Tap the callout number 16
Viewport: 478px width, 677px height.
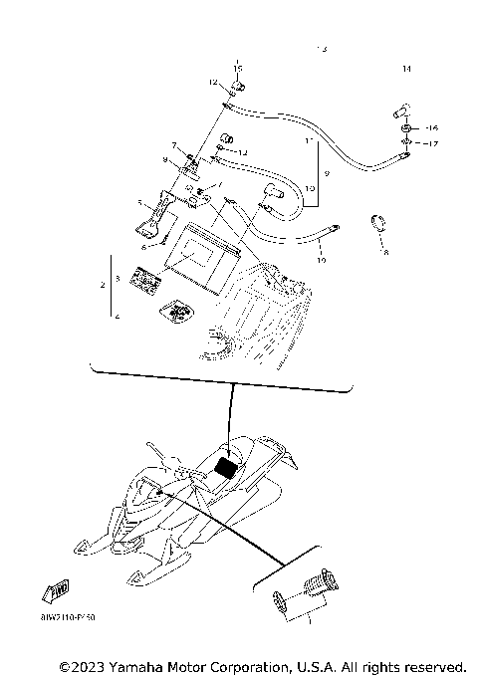pos(431,129)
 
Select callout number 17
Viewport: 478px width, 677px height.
pos(431,144)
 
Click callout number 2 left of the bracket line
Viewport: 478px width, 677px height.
pos(103,285)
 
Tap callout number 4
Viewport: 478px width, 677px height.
pos(117,316)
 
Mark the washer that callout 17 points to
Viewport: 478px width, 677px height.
pos(408,143)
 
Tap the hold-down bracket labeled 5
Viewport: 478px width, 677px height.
pos(156,218)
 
